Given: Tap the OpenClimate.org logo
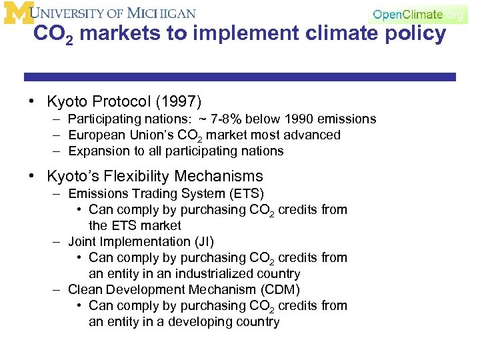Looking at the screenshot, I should (417, 15).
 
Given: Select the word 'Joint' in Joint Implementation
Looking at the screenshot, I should (82, 242).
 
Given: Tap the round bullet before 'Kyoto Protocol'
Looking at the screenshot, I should (32, 102).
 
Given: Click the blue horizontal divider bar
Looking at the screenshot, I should (240, 77).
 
